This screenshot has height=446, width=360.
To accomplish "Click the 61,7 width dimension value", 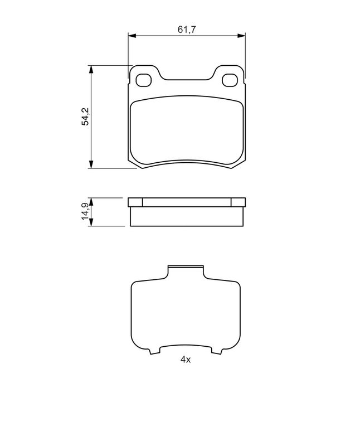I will pos(187,29).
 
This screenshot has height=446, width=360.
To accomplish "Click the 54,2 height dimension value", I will pos(86,117).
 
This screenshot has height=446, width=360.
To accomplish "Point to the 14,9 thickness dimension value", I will pos(85,212).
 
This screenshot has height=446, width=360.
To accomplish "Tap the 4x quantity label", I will pos(186,360).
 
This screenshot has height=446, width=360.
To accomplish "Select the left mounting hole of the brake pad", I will pos(144,80).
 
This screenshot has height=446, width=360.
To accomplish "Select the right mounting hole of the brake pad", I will pos(229,80).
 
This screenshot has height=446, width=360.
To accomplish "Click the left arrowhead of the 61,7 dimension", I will pos(132,36).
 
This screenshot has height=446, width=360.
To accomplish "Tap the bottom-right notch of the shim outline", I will pos(217,351).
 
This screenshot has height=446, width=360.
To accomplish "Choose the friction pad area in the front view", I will pos(187,131).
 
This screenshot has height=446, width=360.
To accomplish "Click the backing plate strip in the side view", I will pos(187,202).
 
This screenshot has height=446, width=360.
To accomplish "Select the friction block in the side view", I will pos(187,217).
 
